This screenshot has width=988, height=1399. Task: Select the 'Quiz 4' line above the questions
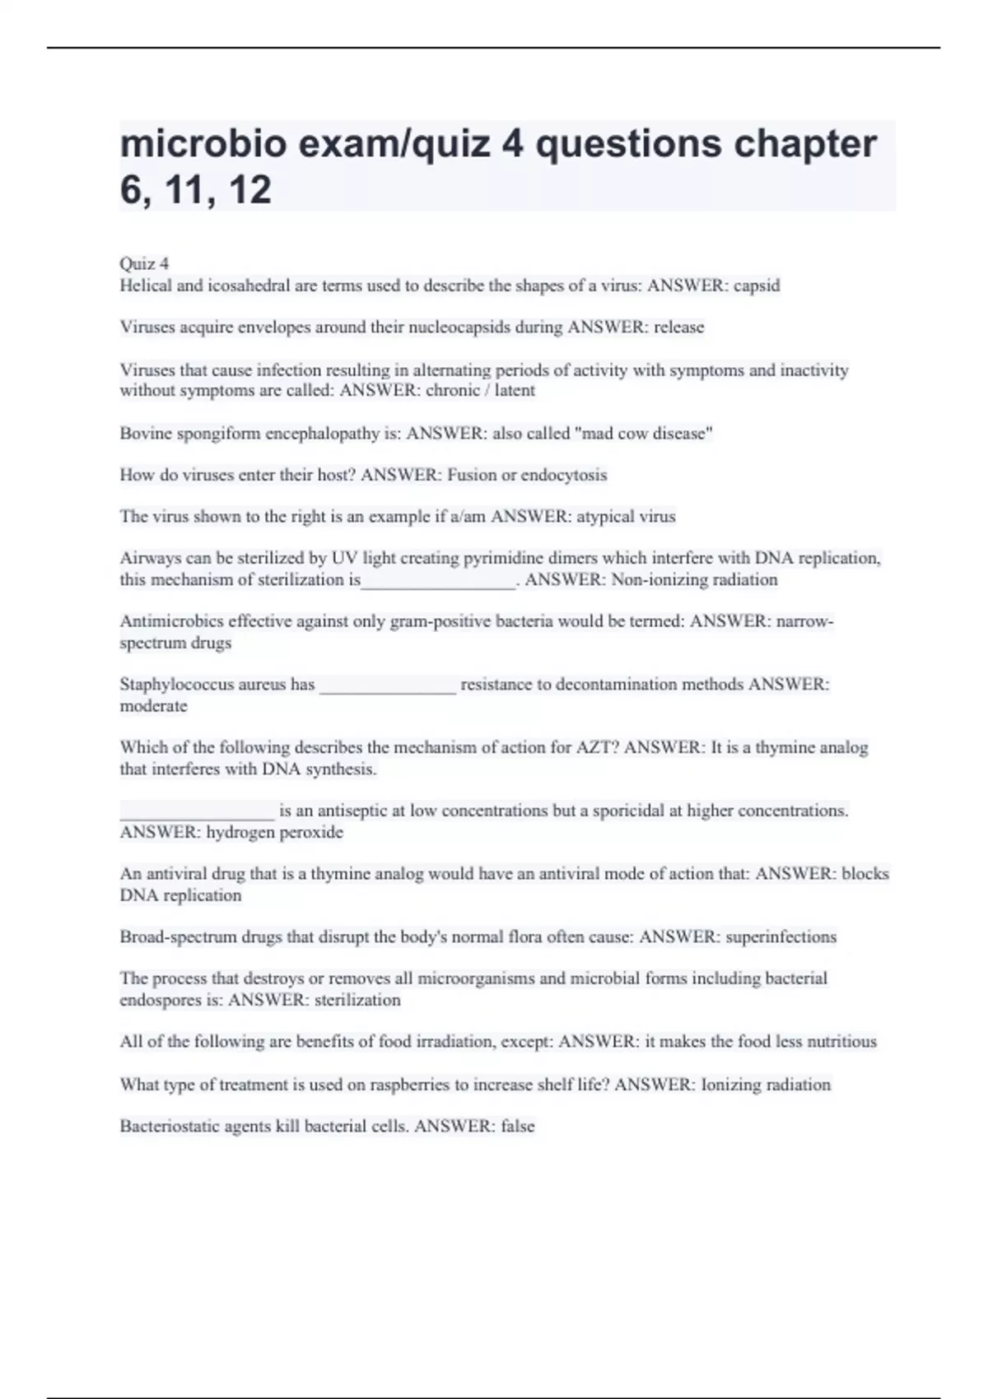[144, 263]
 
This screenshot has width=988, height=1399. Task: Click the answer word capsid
[756, 286]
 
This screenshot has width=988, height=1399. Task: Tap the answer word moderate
[153, 706]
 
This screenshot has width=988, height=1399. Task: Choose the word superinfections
[779, 937]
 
